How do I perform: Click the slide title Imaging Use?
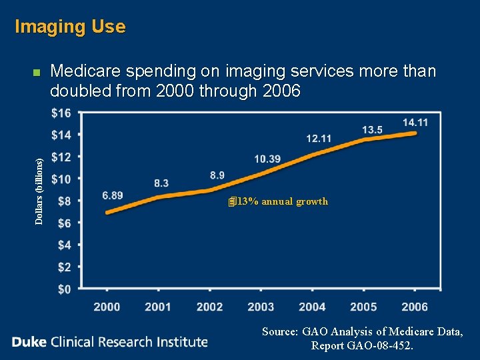tap(70, 27)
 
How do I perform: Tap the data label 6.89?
tap(113, 195)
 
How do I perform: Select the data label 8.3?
tap(161, 183)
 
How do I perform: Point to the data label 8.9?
tap(217, 175)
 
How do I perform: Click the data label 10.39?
tap(267, 159)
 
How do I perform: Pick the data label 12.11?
tap(319, 139)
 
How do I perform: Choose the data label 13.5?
tap(372, 129)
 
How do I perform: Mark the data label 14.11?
tap(415, 123)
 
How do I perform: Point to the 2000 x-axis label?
tap(107, 307)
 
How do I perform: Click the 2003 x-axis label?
tap(261, 307)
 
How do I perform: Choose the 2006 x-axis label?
tap(415, 307)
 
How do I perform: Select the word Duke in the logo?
tap(29, 342)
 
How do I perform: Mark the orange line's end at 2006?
tap(415, 133)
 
